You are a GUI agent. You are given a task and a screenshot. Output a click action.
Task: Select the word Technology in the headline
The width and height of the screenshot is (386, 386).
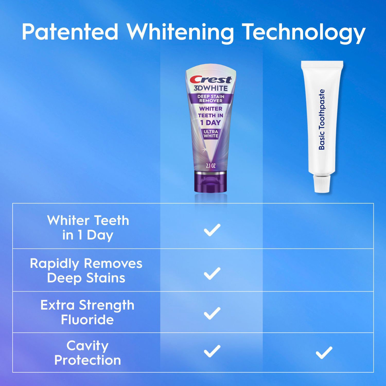point(304,32)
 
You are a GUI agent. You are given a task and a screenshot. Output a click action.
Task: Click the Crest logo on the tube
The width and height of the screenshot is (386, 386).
point(210,80)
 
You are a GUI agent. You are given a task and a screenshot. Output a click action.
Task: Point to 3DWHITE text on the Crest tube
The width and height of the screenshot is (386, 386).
point(210,88)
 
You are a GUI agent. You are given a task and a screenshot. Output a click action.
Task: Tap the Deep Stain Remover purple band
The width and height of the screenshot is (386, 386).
point(211,98)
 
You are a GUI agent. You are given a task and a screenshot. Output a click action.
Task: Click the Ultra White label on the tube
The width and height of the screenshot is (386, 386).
point(211,134)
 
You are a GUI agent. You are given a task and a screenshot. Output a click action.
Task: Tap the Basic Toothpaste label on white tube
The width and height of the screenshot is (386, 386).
point(322,119)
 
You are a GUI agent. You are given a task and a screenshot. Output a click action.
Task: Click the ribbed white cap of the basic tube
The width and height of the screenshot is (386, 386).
point(321,184)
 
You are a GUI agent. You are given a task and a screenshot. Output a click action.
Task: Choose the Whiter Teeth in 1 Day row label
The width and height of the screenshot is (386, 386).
point(88,227)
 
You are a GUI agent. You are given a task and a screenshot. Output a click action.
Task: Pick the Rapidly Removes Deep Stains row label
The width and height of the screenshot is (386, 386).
point(86,270)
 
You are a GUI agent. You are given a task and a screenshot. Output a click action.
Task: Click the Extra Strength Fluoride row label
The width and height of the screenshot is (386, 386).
point(87,312)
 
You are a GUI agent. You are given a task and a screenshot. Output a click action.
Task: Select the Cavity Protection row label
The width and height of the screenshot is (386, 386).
point(87,353)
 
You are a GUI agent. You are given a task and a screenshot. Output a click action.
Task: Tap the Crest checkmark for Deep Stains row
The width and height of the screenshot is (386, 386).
point(212,273)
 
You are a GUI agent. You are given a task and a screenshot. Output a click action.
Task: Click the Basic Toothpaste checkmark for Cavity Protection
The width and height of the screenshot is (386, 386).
point(324,353)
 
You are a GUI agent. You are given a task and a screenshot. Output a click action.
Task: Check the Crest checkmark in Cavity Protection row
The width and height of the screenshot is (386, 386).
point(212,351)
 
